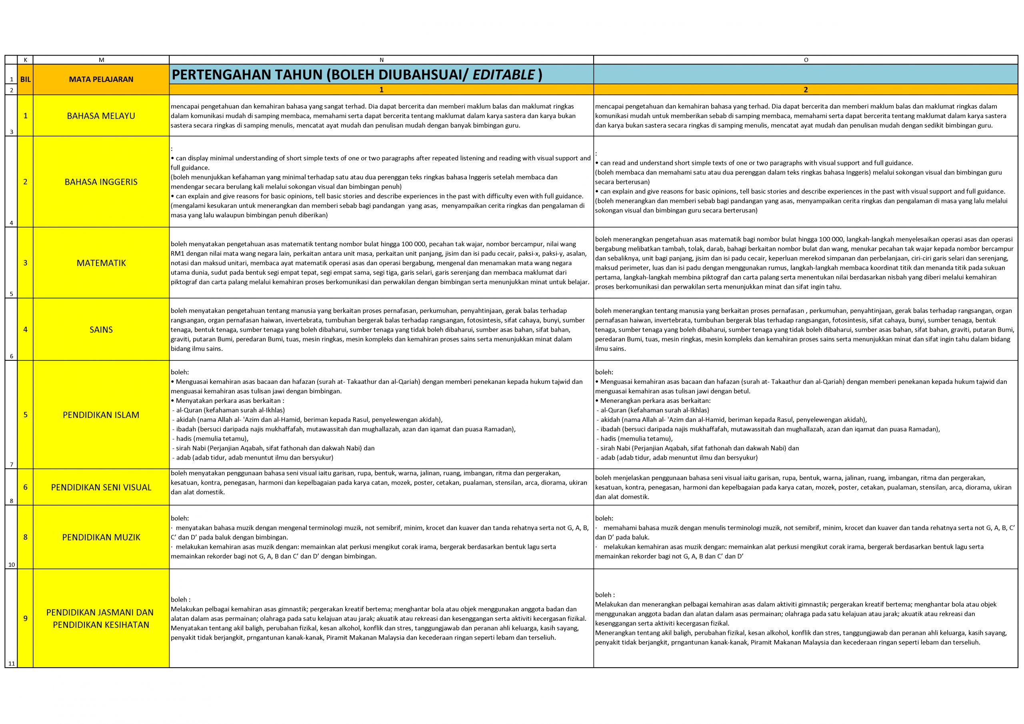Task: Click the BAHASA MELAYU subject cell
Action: pyautogui.click(x=101, y=116)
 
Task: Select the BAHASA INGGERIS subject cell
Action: pyautogui.click(x=101, y=182)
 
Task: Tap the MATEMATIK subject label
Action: pyautogui.click(x=101, y=263)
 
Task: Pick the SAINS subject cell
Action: pyautogui.click(x=101, y=330)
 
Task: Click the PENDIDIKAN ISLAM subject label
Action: pyautogui.click(x=101, y=415)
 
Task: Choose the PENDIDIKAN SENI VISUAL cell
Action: pyautogui.click(x=101, y=487)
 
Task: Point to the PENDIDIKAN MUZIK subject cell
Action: pyautogui.click(x=101, y=537)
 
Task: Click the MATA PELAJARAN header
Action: pyautogui.click(x=101, y=80)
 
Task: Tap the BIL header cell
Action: pyautogui.click(x=26, y=80)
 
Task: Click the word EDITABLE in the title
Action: pyautogui.click(x=504, y=75)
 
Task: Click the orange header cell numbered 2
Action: pyautogui.click(x=806, y=90)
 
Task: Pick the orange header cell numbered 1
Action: pyautogui.click(x=381, y=90)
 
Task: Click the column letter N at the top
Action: pyautogui.click(x=381, y=60)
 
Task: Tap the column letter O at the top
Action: pyautogui.click(x=806, y=60)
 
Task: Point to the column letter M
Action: pyautogui.click(x=101, y=60)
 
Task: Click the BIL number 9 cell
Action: pyautogui.click(x=26, y=618)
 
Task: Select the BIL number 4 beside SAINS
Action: pyautogui.click(x=26, y=330)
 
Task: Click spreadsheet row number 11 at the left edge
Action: pyautogui.click(x=11, y=663)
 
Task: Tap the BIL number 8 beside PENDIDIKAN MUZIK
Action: pyautogui.click(x=26, y=537)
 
